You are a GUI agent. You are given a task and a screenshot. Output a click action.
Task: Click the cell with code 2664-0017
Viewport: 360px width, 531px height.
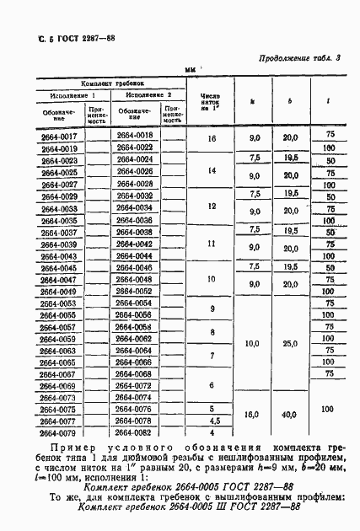(x=58, y=136)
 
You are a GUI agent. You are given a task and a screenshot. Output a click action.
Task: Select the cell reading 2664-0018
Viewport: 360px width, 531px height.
(x=135, y=136)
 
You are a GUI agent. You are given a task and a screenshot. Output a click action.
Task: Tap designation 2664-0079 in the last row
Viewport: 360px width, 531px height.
(x=58, y=432)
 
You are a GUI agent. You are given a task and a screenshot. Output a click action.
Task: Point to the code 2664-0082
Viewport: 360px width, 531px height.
(x=135, y=432)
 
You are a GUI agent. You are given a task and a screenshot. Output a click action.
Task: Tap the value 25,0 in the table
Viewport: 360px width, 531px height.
(x=289, y=344)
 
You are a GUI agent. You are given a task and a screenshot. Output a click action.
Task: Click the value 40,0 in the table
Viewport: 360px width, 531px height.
(x=290, y=414)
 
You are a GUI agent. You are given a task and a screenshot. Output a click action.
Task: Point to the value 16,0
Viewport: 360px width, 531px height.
(x=251, y=414)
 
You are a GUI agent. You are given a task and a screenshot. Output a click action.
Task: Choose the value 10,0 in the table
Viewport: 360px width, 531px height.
(x=251, y=344)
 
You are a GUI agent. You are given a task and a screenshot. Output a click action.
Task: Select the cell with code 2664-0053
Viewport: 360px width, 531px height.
(x=58, y=303)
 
